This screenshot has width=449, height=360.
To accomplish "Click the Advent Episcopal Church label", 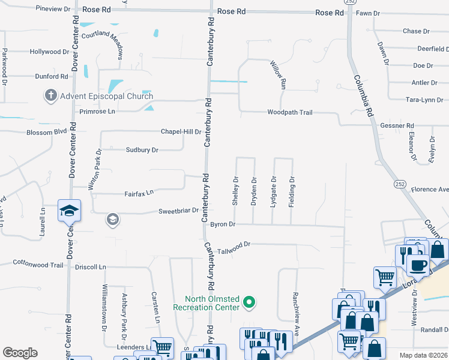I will click(x=106, y=96).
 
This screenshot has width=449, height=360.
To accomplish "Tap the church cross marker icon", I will click(x=50, y=96).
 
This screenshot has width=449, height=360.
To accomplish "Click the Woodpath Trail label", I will click(x=290, y=112).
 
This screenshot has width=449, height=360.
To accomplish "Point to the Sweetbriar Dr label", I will click(x=178, y=211).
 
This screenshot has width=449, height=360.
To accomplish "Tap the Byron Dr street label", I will click(x=222, y=224).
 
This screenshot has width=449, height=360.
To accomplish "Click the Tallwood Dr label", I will click(x=234, y=244).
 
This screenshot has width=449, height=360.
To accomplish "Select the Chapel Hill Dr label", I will click(x=181, y=131).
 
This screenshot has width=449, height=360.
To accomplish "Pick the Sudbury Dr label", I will click(x=142, y=150).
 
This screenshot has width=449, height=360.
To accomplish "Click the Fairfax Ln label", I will click(x=139, y=192).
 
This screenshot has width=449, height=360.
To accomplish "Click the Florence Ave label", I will click(x=430, y=190).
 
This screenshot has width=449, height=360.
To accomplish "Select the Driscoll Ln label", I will click(x=90, y=266).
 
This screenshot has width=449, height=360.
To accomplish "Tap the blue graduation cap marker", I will click(x=69, y=211).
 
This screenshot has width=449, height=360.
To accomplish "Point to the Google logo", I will click(x=20, y=353).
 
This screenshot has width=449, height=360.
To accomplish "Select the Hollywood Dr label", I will click(x=49, y=52).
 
